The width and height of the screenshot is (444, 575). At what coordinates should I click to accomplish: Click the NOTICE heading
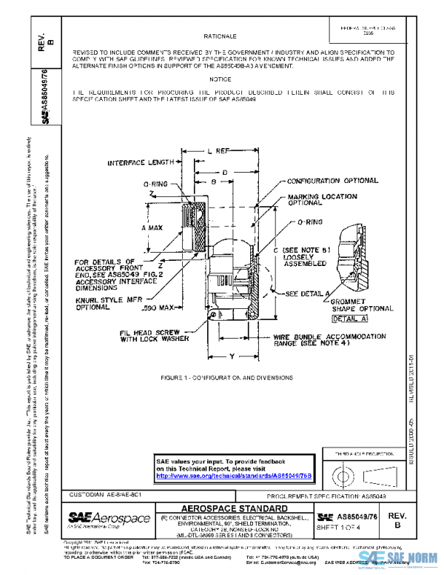click(x=220, y=79)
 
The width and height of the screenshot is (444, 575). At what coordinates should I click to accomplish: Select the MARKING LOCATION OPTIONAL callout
click(x=323, y=199)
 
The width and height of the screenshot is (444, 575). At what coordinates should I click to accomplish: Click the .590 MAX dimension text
click(x=158, y=306)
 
